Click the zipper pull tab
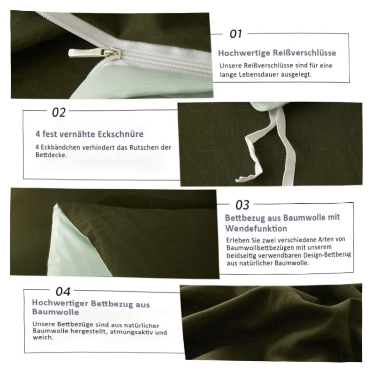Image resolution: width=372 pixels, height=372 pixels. click(94, 53)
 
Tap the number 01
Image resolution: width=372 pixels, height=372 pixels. click(236, 33)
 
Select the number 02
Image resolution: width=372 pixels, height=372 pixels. click(59, 112)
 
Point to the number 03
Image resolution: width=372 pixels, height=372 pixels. click(242, 205)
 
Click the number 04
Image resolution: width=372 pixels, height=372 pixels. click(63, 292)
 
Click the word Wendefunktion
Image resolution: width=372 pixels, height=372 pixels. click(256, 228)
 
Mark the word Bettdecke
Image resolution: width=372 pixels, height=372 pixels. click(51, 155)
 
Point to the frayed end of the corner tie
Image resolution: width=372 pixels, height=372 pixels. click(241, 179)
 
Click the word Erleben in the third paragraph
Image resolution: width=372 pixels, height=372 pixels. click(234, 240)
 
